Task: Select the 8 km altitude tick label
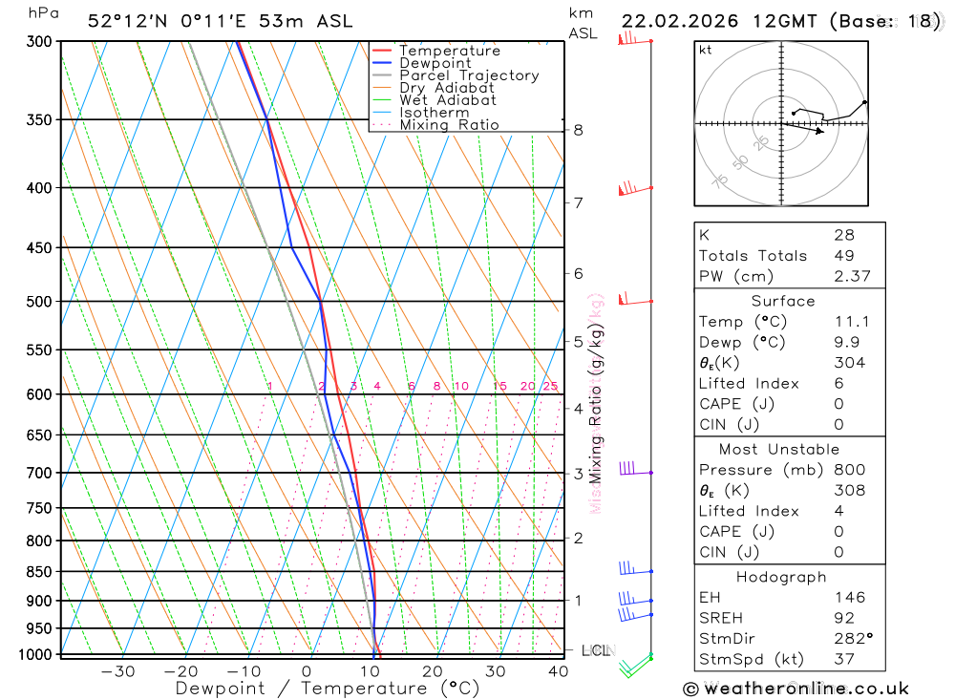578,130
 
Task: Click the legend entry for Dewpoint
435,63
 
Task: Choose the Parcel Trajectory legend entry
469,75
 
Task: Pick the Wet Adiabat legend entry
448,100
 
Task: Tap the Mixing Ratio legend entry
449,125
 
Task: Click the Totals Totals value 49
844,256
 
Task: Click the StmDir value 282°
852,639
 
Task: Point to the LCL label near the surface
595,650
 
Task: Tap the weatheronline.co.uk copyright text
796,689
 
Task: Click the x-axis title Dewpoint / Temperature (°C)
328,688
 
